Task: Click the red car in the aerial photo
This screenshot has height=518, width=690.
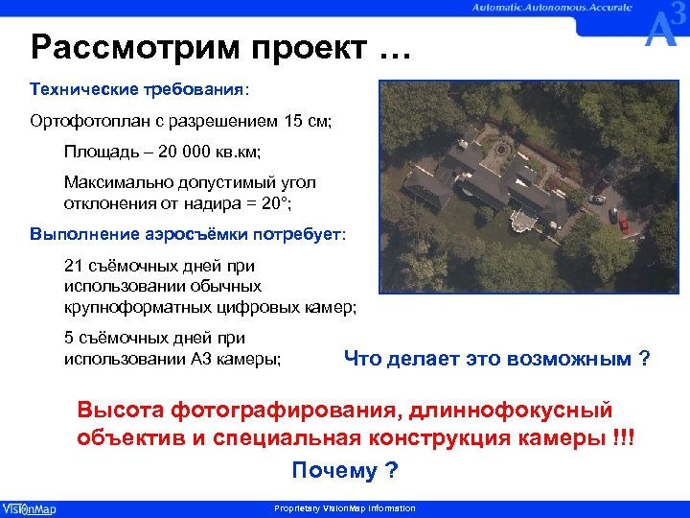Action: (x=624, y=225)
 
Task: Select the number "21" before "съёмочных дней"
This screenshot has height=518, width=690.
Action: (x=74, y=266)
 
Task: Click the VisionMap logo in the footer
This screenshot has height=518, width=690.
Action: (x=29, y=508)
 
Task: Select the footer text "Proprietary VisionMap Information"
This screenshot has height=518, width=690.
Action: (x=345, y=508)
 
